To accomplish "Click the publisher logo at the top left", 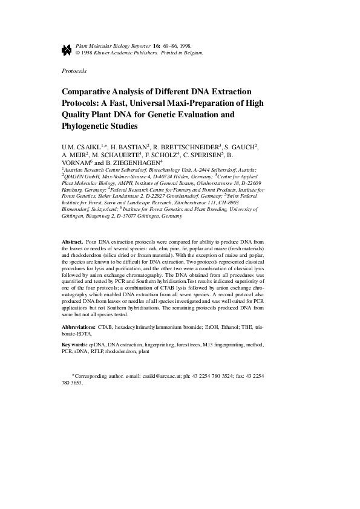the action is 67,49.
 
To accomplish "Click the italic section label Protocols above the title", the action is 74,71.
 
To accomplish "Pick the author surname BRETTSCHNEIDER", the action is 195,146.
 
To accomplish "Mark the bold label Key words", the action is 76,345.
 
